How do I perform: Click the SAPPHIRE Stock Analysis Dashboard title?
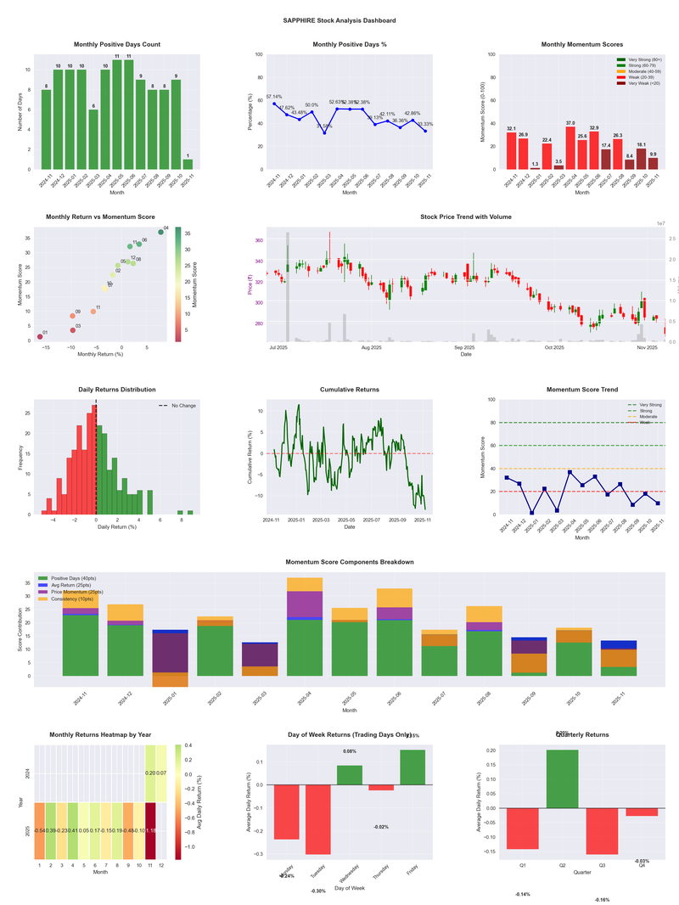tap(339, 20)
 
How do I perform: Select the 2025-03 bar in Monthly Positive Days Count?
tap(93, 140)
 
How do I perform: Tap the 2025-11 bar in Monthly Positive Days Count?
tap(188, 165)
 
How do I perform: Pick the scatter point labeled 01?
tap(40, 337)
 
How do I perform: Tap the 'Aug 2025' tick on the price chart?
tap(371, 347)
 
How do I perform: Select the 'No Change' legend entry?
tap(177, 406)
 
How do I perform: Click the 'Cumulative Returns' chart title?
tap(350, 390)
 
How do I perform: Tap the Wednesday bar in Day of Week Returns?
tap(350, 774)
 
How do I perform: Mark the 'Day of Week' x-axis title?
tap(350, 888)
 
